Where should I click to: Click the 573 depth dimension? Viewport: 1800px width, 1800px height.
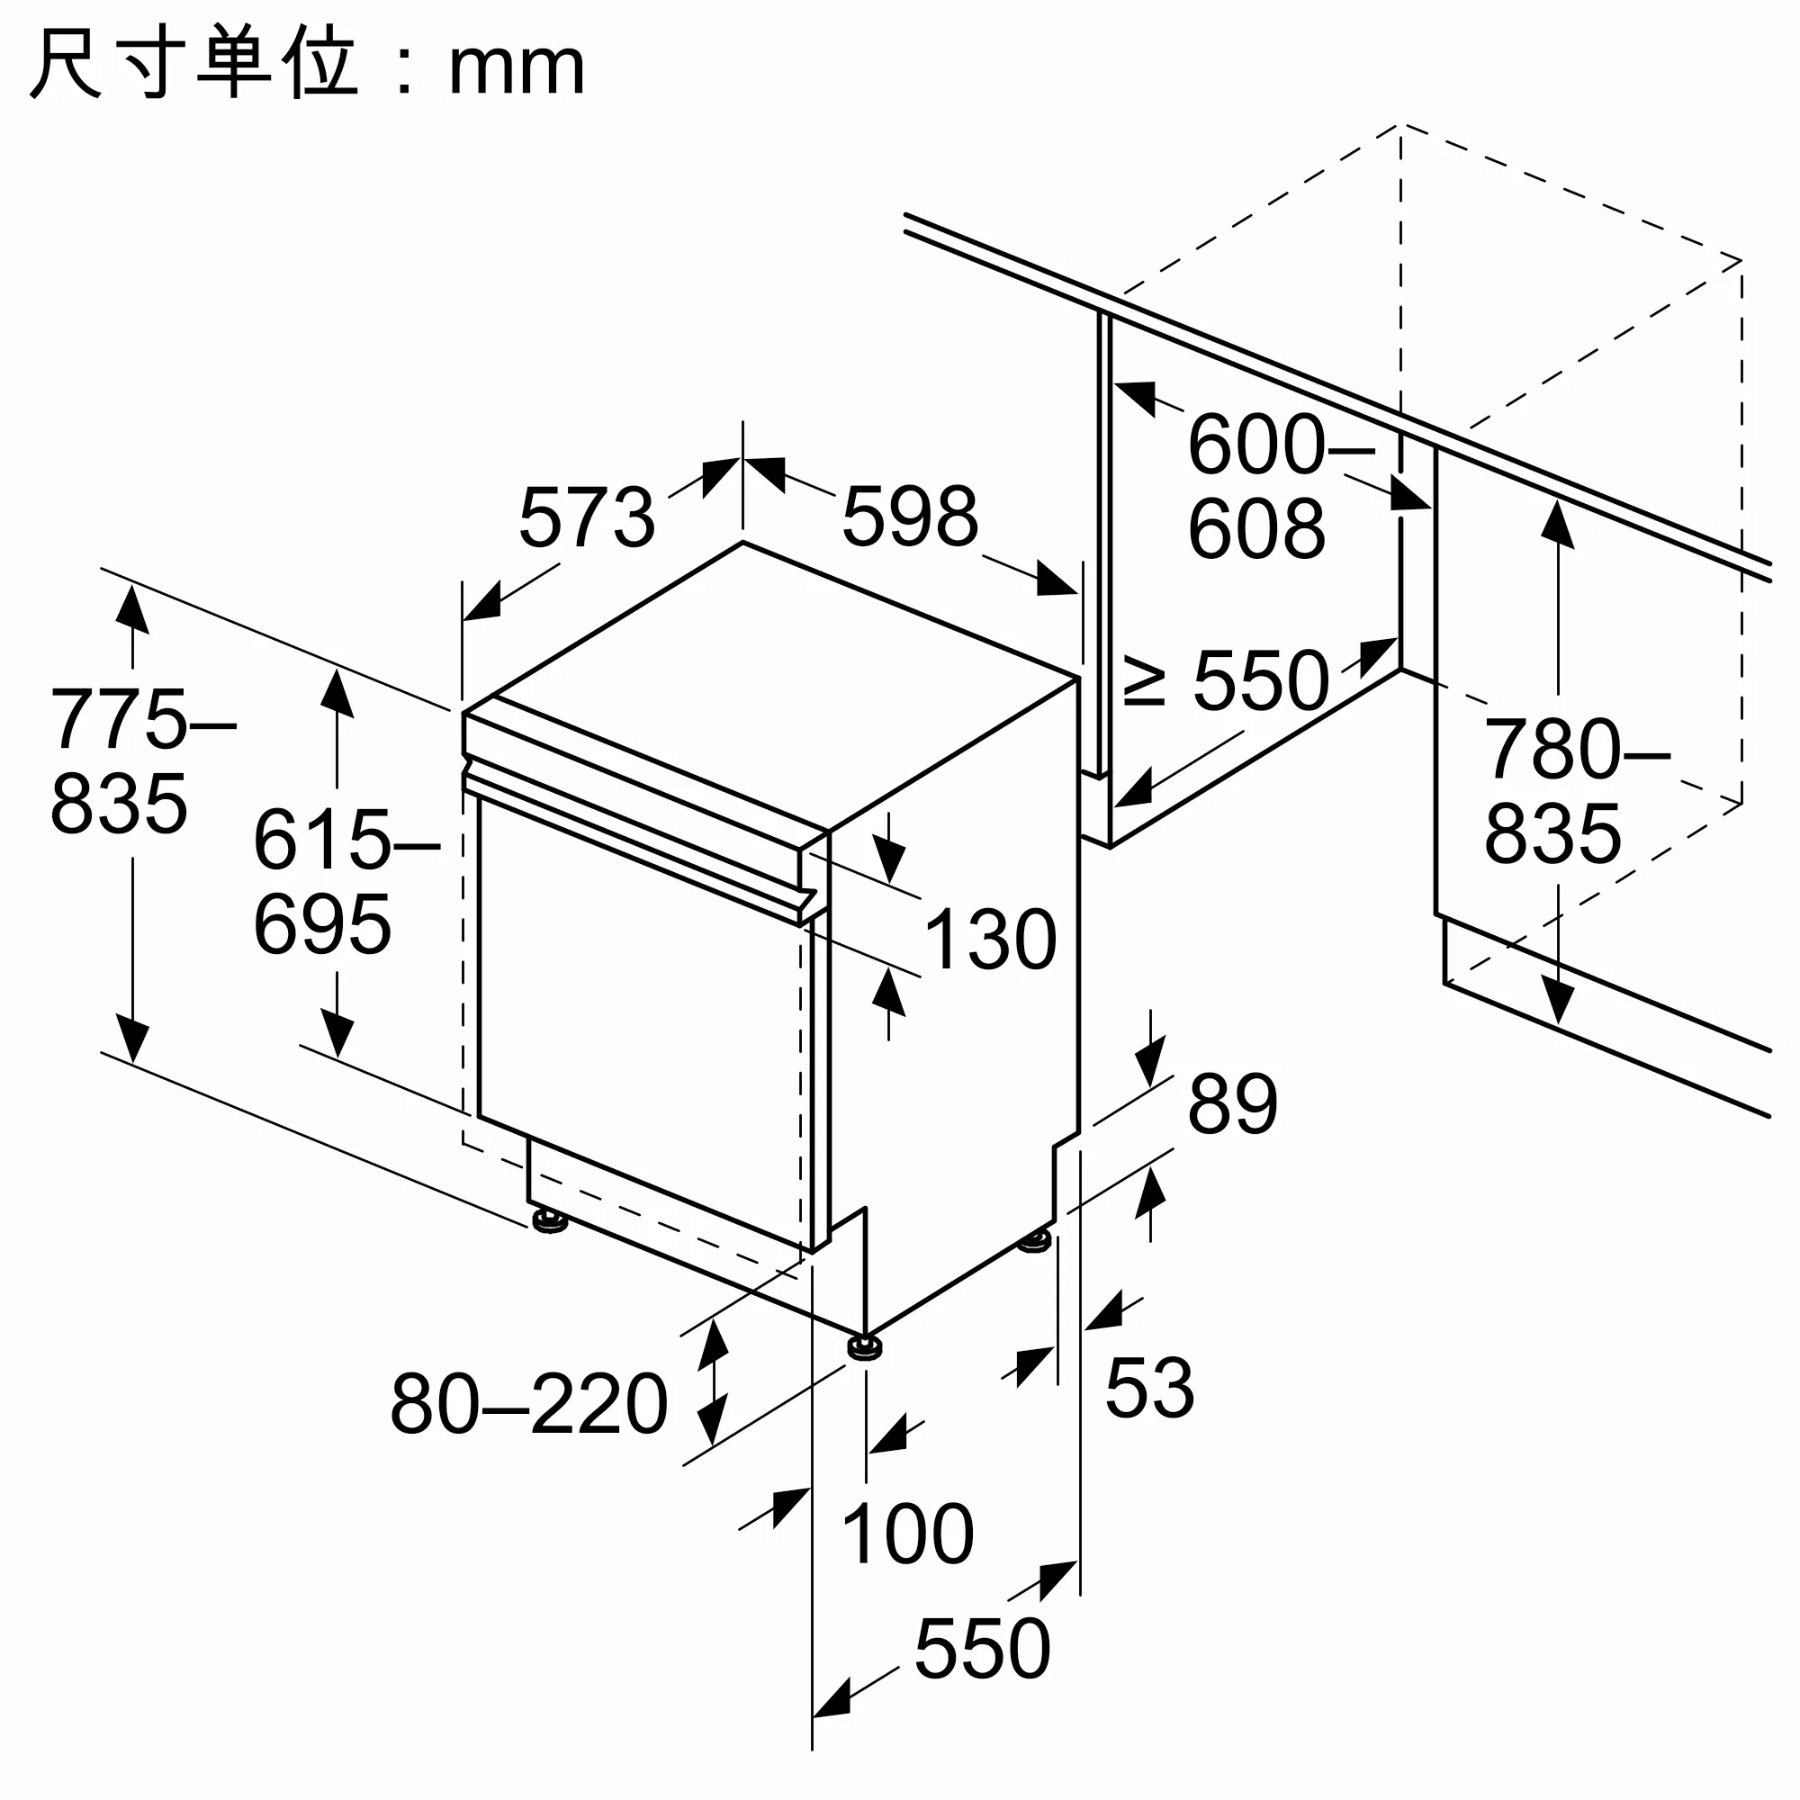(586, 518)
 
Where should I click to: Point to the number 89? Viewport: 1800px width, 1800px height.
(1232, 1104)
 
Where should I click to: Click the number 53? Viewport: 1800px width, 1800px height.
(1148, 1388)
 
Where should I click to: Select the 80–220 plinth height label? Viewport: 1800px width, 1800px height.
(528, 1403)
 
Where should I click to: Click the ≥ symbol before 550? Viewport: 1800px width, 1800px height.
(1145, 680)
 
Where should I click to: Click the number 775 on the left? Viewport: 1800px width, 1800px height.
(120, 719)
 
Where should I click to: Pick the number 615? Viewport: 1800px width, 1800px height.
(322, 841)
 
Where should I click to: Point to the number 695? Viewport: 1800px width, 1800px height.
(322, 924)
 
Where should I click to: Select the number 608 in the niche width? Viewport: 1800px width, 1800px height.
(1255, 529)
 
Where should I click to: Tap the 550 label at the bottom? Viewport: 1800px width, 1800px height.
(982, 1650)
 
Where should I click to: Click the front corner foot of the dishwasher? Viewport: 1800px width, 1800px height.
(866, 1348)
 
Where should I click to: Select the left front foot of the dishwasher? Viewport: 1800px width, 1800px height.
(550, 1219)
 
